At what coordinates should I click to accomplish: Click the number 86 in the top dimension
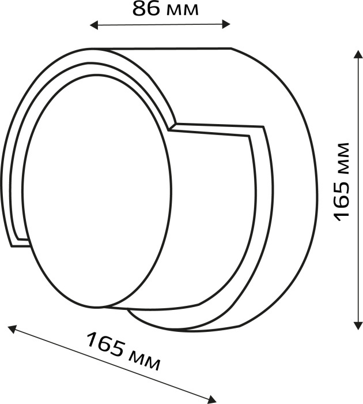[x=146, y=9]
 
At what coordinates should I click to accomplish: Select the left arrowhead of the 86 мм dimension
[x=94, y=25]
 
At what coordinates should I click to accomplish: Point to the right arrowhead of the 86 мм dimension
[x=226, y=25]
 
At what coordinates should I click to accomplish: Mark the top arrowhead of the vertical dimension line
[x=357, y=55]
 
